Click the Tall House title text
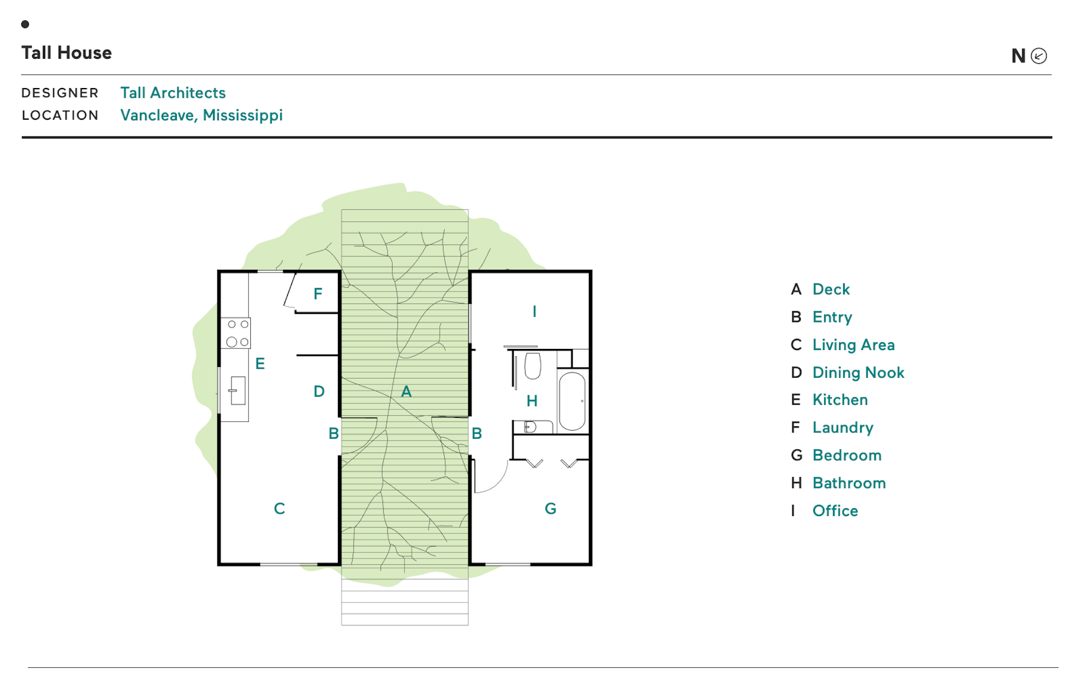pos(67,53)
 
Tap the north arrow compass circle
pos(1039,56)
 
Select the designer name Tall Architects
pos(173,93)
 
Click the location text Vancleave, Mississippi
pos(201,115)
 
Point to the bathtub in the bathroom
pos(572,401)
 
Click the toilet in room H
pos(532,365)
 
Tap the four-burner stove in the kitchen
pos(236,333)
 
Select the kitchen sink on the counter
pos(238,391)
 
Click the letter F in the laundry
pos(318,294)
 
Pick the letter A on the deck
pos(406,391)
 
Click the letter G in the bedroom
pos(550,509)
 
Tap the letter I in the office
pos(534,311)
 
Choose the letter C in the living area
pos(279,509)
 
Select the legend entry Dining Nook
pos(858,373)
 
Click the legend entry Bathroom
pos(849,483)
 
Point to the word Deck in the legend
pos(831,289)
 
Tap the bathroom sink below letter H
pos(530,427)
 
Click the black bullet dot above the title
pos(25,24)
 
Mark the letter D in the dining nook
pos(319,391)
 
